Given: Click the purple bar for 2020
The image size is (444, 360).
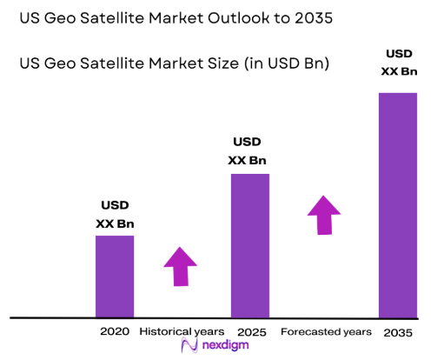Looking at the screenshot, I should tap(115, 277).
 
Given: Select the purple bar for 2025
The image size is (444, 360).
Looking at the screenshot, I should tap(249, 245).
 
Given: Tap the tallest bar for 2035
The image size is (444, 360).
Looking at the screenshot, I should tap(398, 204).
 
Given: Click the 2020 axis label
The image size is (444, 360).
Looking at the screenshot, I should tap(115, 331).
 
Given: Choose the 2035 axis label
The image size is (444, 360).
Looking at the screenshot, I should tap(398, 332).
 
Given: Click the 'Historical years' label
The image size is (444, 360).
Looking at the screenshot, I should tap(182, 331).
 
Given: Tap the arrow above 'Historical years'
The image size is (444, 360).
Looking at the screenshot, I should tap(181, 266).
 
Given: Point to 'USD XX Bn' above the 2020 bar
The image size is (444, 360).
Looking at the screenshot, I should tap(115, 215).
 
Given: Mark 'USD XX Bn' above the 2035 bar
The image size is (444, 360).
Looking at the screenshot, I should tap(397, 62).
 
